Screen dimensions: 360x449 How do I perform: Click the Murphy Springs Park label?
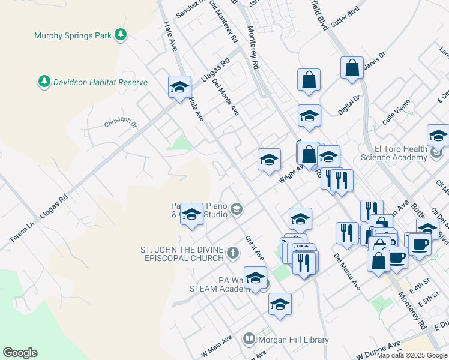73,35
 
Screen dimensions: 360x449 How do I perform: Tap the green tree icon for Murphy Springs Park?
121,35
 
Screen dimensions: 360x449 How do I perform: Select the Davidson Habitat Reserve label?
100,81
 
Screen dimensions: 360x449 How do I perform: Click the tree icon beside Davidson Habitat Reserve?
44,80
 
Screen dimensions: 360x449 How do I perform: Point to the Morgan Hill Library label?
293,340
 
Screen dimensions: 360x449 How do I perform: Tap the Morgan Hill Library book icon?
249,340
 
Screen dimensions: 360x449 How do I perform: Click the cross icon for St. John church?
234,254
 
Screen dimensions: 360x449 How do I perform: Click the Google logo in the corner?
20,353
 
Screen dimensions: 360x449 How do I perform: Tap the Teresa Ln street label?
19,231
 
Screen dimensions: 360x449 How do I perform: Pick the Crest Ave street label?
255,248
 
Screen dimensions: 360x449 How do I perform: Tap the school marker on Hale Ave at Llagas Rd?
179,88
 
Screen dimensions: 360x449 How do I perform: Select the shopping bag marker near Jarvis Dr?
352,68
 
